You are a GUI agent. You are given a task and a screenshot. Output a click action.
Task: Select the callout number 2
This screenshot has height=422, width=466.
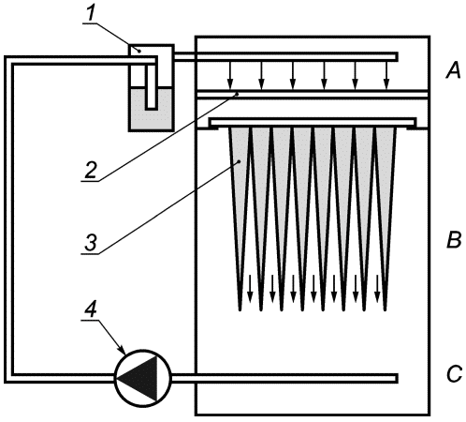(x=90, y=170)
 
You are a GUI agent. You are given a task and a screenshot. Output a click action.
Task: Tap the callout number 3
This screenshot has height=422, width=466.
(x=91, y=243)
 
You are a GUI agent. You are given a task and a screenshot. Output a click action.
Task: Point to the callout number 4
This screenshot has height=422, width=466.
(x=91, y=309)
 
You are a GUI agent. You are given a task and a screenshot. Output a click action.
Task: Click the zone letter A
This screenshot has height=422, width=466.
(x=453, y=70)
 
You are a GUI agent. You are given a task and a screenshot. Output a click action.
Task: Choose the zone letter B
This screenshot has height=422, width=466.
(x=454, y=241)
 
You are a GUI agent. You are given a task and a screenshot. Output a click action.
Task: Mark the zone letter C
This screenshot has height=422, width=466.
(x=454, y=373)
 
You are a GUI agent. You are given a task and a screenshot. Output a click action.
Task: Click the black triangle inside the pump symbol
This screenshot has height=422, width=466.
(x=138, y=378)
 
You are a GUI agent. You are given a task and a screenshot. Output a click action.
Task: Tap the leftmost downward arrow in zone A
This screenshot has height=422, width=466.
(x=230, y=75)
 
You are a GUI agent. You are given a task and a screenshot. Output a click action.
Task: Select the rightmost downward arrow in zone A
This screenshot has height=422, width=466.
(x=386, y=75)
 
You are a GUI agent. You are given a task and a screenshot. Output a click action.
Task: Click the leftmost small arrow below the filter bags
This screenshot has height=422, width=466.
(x=250, y=289)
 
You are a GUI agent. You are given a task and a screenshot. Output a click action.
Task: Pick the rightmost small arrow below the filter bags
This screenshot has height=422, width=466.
(x=377, y=289)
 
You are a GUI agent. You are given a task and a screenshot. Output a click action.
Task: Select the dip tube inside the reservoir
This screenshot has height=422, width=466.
(x=152, y=86)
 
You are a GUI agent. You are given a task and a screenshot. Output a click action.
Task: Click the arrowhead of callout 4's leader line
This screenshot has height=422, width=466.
(x=123, y=350)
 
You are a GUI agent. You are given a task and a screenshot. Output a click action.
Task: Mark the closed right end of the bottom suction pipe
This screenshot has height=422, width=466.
(x=397, y=378)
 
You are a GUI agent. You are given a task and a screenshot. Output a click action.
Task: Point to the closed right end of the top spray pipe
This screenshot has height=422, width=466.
(x=397, y=56)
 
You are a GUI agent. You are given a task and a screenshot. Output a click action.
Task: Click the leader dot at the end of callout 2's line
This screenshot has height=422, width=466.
(x=238, y=93)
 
